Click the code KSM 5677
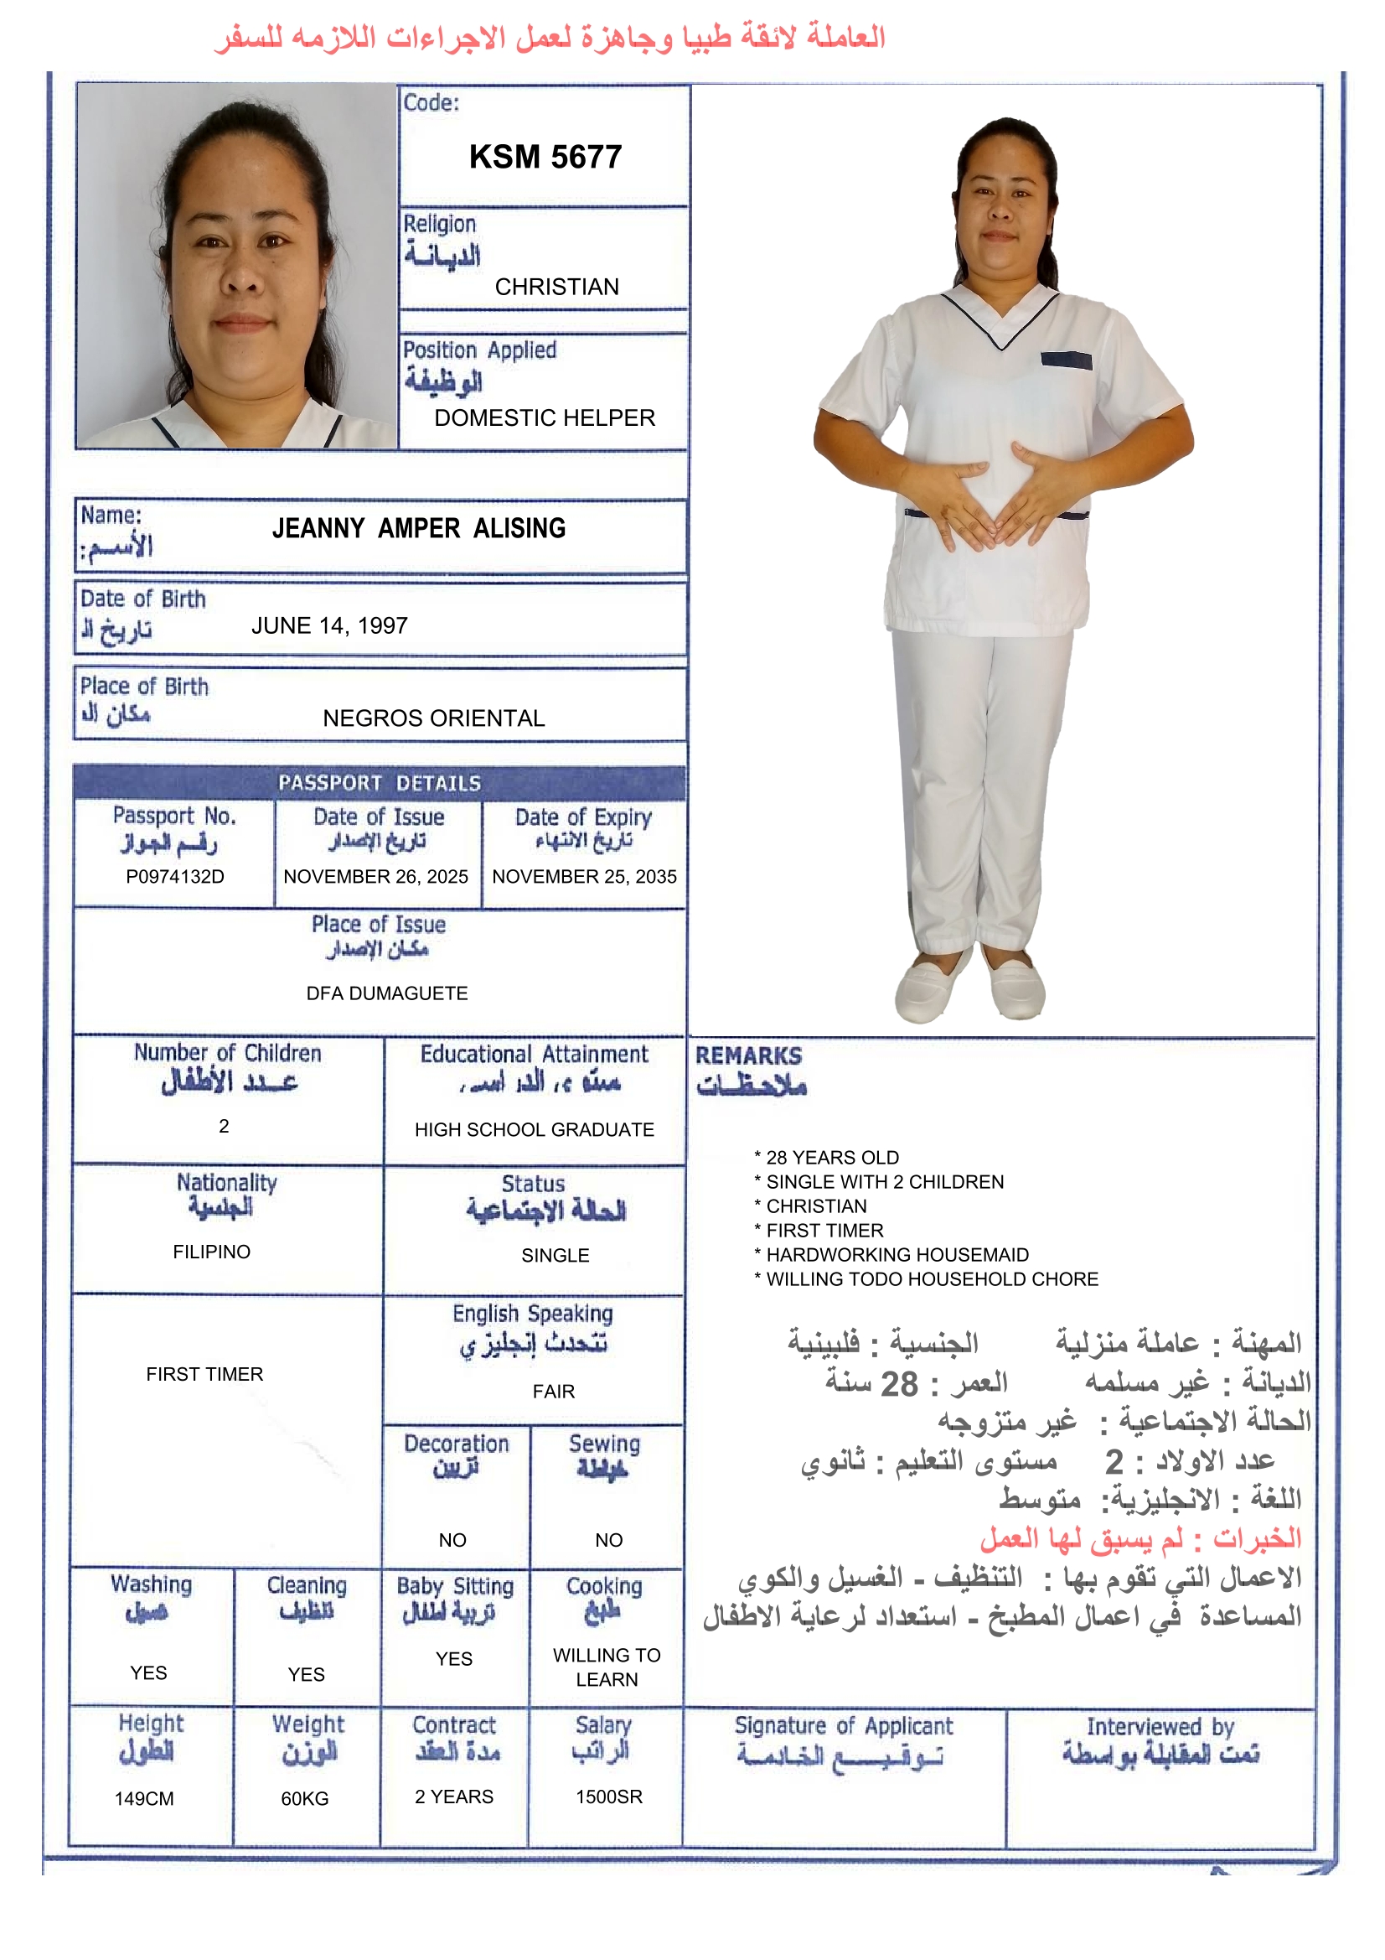545,157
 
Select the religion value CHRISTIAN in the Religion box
556,287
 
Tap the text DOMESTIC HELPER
545,417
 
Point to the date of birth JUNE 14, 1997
329,625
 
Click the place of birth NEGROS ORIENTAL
433,718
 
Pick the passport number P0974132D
175,877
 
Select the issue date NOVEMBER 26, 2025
375,877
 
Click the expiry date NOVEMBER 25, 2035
584,877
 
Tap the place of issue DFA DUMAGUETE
386,993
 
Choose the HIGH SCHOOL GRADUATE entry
535,1129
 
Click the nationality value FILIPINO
212,1252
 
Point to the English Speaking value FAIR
554,1392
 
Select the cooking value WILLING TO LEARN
607,1667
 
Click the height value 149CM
144,1799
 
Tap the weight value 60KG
305,1799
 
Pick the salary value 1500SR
608,1797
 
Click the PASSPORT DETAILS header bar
380,783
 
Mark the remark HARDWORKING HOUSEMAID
897,1254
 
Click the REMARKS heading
748,1056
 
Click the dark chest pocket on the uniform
1066,361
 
